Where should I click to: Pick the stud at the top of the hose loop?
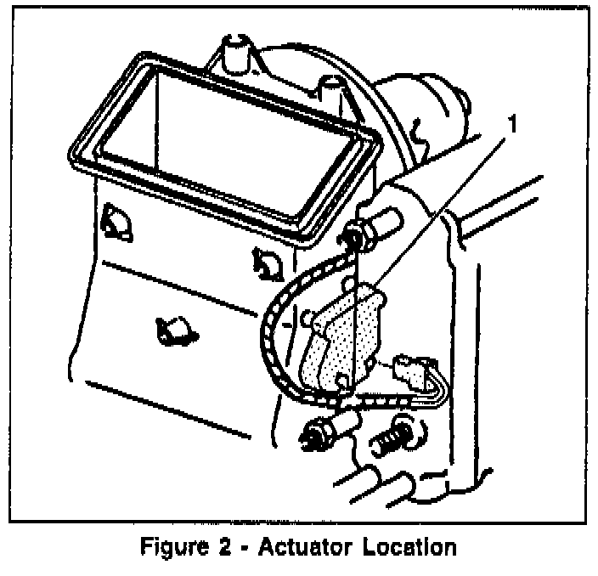[x=362, y=236]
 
